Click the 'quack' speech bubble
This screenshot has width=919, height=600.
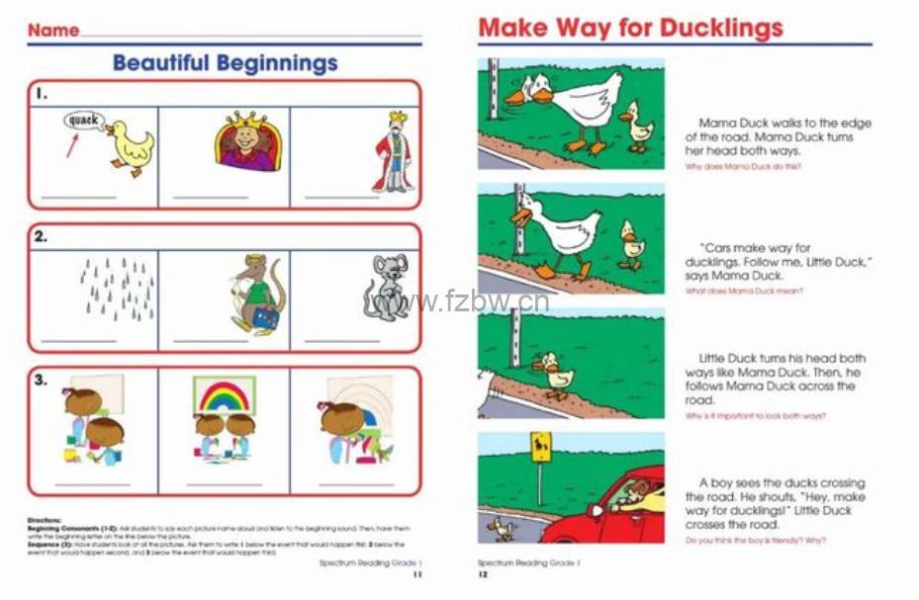(x=84, y=122)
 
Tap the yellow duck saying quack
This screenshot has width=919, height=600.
(x=128, y=146)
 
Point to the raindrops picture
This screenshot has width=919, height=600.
(x=117, y=289)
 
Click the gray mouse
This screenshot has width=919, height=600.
(x=387, y=288)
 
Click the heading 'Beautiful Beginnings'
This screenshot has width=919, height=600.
(x=225, y=64)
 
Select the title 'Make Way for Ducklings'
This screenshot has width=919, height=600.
(x=630, y=29)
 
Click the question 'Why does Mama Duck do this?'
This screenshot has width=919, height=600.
(x=743, y=167)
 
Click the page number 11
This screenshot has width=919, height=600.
(x=417, y=573)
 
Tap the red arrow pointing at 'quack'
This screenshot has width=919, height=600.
(x=72, y=146)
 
